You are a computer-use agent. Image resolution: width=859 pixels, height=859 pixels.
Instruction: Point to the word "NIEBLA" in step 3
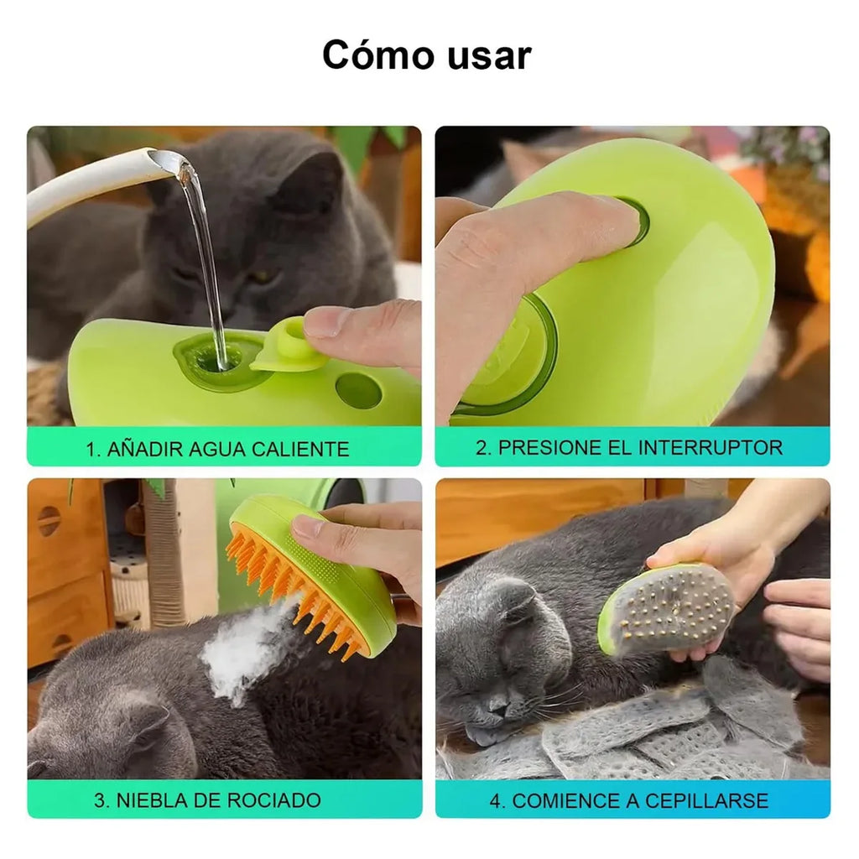tap(148, 799)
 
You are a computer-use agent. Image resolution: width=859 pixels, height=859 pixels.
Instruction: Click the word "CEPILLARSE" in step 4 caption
tap(705, 800)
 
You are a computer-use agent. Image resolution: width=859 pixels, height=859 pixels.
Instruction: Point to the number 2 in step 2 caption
tap(482, 447)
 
